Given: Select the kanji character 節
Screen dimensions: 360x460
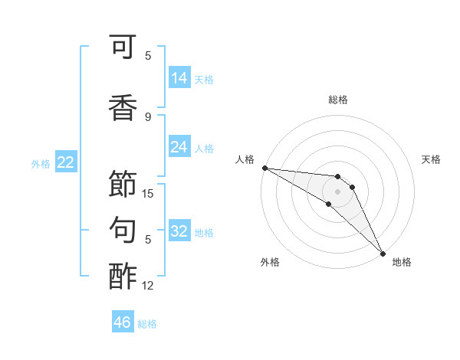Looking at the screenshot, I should (x=123, y=184).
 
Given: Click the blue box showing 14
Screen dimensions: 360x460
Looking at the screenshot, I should (x=179, y=78).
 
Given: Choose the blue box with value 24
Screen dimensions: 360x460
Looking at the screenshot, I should (x=179, y=147).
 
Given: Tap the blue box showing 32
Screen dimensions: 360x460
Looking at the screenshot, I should (x=179, y=231).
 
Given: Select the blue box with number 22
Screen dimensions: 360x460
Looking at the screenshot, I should (x=66, y=162).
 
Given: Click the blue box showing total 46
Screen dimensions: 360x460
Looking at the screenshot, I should (x=123, y=322).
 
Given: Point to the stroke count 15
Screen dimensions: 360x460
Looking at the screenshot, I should (x=148, y=194).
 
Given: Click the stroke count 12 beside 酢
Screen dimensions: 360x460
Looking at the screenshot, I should (x=148, y=286).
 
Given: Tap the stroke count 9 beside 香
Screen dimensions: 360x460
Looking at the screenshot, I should (x=148, y=117).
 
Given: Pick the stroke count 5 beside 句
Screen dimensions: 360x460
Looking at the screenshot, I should (x=148, y=240).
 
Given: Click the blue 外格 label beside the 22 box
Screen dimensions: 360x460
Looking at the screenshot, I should (x=41, y=163).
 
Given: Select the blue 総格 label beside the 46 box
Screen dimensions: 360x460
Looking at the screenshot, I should (x=147, y=324).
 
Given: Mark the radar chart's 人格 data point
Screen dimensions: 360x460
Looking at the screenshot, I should (x=264, y=168).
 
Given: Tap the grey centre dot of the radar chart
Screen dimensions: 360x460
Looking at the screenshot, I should (x=337, y=191).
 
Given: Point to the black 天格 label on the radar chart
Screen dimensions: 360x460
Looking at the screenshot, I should (x=431, y=159).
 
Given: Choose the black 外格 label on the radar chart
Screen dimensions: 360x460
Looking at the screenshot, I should (x=270, y=262).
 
